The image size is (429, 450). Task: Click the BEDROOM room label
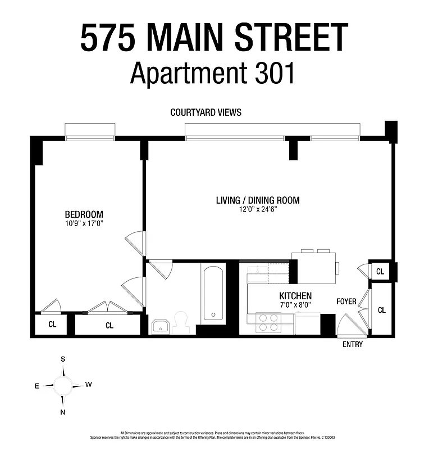84,214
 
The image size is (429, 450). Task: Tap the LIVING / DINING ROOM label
258,200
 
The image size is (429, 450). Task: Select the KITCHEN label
295,296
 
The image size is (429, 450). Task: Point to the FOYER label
346,301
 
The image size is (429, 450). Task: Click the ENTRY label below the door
353,344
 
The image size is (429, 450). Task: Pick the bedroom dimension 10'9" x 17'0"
84,223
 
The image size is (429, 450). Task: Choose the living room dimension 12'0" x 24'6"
258,209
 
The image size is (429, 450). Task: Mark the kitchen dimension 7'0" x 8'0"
295,305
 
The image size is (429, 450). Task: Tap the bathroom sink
160,326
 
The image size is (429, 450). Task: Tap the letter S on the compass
63,359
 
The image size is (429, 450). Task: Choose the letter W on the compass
88,385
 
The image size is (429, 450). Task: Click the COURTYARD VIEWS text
206,112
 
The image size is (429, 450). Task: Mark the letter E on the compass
36,386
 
